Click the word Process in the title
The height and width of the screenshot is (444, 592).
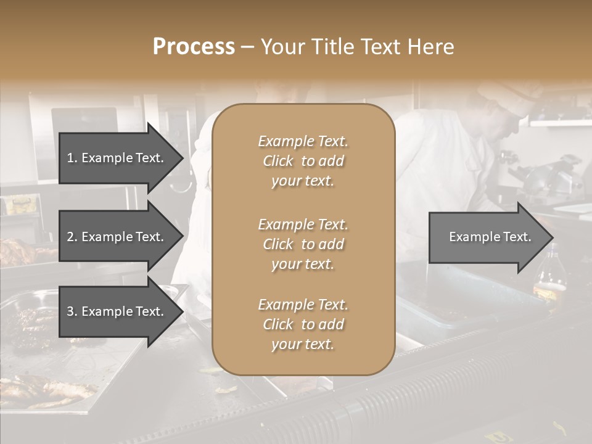pos(194,47)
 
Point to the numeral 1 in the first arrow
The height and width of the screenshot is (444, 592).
pos(70,158)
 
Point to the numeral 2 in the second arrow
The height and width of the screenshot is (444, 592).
pos(70,237)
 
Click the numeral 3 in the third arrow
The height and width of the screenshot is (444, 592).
pos(70,311)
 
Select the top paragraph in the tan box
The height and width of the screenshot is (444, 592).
pos(303,161)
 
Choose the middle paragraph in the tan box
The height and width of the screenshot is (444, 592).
pos(303,244)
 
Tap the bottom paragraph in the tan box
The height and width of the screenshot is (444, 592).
pos(303,324)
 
